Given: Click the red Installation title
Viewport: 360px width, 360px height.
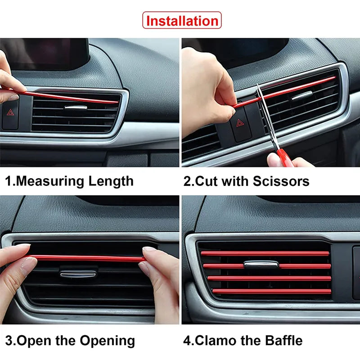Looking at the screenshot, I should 182,21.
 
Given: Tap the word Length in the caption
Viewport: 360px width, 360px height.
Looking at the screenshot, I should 111,181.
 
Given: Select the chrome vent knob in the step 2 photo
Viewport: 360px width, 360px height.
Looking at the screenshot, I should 302,95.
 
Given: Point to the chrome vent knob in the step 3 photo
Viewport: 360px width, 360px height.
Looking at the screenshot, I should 78,273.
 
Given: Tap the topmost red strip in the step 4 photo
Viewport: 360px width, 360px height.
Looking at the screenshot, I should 265,253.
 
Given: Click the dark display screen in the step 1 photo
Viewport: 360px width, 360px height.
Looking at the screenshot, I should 45,54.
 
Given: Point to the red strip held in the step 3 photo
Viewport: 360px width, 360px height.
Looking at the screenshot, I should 85,258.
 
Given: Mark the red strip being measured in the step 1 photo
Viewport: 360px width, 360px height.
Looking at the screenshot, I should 67,97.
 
